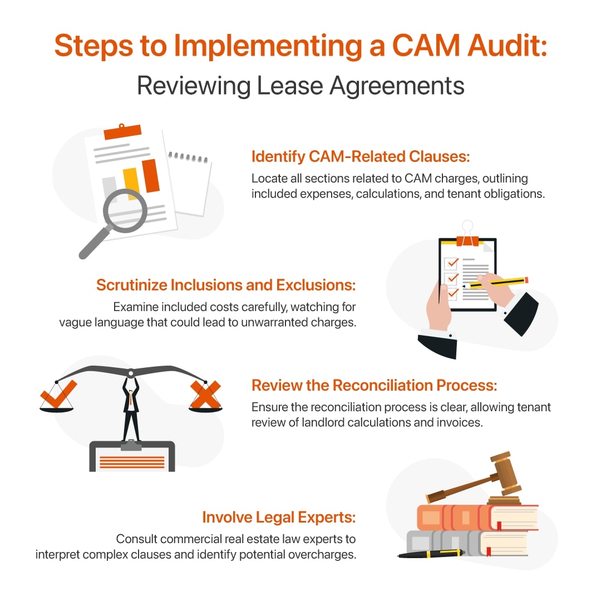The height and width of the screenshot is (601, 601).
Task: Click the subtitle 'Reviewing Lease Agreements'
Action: [300, 86]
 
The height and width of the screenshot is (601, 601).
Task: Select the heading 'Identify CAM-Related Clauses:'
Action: [361, 157]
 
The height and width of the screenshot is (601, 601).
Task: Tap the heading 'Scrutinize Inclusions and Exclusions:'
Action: [226, 285]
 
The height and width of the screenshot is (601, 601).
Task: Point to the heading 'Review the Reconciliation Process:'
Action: [374, 385]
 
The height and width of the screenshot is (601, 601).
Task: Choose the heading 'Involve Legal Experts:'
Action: [279, 518]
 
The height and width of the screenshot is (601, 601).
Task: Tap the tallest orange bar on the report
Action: [151, 175]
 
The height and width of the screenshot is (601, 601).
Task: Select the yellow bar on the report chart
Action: [130, 183]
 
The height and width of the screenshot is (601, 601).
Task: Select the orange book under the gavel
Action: [473, 518]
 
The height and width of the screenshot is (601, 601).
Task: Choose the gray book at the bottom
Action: [467, 543]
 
